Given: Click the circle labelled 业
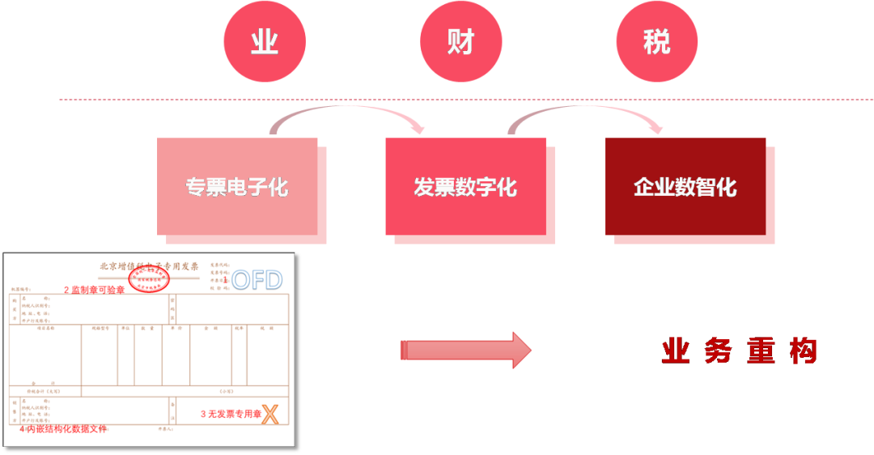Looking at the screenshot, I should click(x=265, y=41).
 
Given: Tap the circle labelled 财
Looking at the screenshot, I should click(x=460, y=41).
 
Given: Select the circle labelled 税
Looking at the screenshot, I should click(x=656, y=41).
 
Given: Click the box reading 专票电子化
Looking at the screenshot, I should click(x=237, y=187).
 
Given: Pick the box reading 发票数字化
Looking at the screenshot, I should click(x=465, y=187).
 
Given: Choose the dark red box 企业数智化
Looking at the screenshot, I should click(x=685, y=187).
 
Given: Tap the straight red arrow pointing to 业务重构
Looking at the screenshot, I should click(x=466, y=350).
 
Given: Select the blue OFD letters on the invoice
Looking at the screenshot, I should click(x=257, y=280).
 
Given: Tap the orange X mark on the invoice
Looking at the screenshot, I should click(x=270, y=415).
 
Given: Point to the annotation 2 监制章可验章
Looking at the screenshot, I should click(x=95, y=290).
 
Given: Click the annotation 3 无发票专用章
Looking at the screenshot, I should click(x=230, y=415).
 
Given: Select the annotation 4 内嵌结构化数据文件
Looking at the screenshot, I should click(x=63, y=429).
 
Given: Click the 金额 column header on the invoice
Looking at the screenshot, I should click(x=210, y=329).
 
